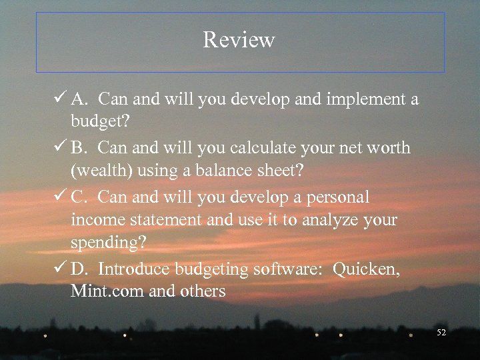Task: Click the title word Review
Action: (239, 40)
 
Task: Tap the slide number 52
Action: (441, 332)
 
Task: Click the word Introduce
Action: (134, 269)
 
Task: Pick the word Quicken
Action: (367, 269)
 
